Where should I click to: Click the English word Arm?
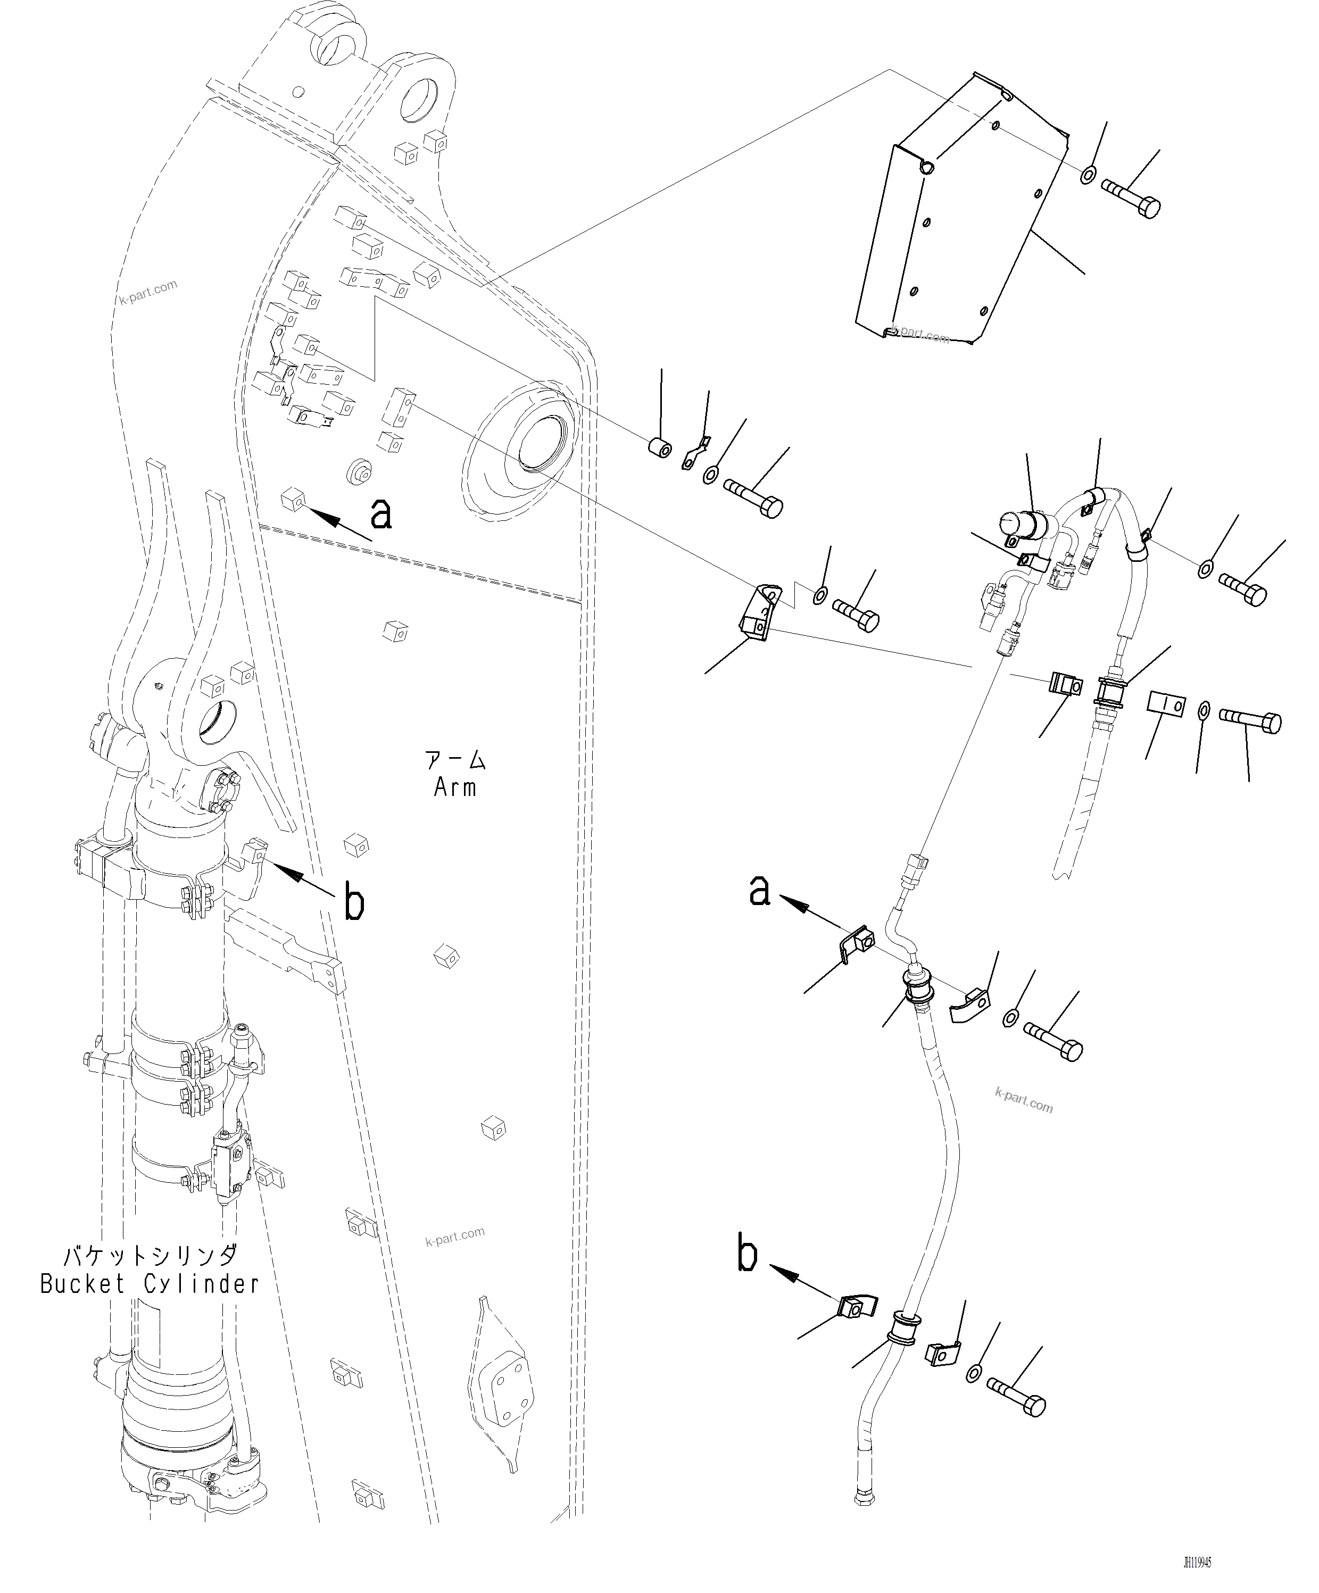coord(455,788)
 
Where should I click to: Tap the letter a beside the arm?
coord(381,513)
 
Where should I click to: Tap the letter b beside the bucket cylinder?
coord(354,903)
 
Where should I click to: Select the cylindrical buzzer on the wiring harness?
coord(1024,524)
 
